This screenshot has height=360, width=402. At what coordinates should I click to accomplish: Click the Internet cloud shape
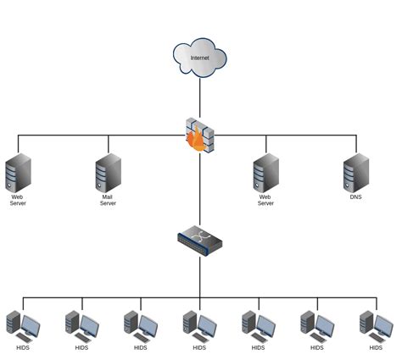[199, 56]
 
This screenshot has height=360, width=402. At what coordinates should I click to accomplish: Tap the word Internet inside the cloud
[199, 58]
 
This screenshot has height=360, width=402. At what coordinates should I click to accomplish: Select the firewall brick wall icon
[200, 135]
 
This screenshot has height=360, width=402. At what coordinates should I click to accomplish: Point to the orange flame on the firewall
[198, 141]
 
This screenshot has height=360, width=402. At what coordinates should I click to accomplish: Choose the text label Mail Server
[108, 200]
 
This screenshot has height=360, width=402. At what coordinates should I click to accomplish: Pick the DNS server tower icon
[355, 173]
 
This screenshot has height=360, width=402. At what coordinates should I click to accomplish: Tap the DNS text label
[355, 197]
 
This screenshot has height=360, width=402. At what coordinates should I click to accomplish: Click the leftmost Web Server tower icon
[18, 173]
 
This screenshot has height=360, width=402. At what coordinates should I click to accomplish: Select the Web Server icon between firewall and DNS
[265, 173]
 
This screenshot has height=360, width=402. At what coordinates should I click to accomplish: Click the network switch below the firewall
[199, 244]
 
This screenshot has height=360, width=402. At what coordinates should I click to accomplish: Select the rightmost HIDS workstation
[376, 325]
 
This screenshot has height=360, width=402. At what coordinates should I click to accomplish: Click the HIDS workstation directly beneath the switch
[199, 325]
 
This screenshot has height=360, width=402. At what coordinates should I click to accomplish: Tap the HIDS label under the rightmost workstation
[376, 347]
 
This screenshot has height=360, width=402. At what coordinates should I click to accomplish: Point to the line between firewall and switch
[200, 191]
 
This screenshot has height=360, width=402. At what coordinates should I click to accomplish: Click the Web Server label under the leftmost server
[18, 200]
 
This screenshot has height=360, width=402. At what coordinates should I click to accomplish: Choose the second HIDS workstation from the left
[81, 325]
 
